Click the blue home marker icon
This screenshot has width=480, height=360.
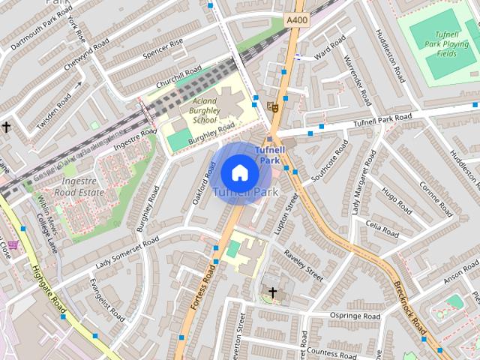pos(239,173)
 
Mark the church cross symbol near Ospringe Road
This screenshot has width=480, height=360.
pos(272,292)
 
